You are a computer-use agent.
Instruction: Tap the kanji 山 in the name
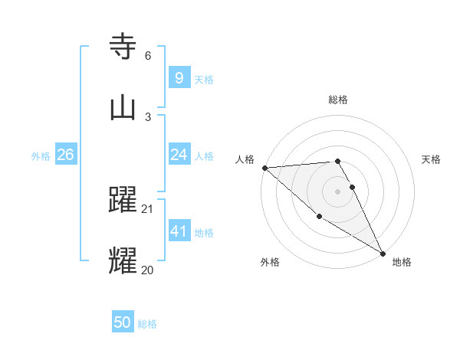123,108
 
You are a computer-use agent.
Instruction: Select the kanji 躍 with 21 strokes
123,200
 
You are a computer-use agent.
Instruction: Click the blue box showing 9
179,77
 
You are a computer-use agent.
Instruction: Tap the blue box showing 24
179,155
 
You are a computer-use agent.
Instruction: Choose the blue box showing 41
179,231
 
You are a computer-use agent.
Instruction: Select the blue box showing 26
65,155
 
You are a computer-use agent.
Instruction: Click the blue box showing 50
123,322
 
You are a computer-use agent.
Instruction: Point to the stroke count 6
148,56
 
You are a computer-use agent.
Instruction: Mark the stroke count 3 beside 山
148,116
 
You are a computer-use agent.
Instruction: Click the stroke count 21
148,208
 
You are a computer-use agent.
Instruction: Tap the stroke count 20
148,270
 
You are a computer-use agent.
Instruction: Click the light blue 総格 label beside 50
147,324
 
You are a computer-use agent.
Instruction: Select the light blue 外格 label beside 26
41,156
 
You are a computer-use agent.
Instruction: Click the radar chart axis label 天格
431,159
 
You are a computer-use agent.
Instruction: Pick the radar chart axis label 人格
245,159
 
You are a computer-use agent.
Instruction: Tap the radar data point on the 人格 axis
264,168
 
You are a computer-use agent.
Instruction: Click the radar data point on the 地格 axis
382,253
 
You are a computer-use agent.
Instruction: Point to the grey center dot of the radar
337,191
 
